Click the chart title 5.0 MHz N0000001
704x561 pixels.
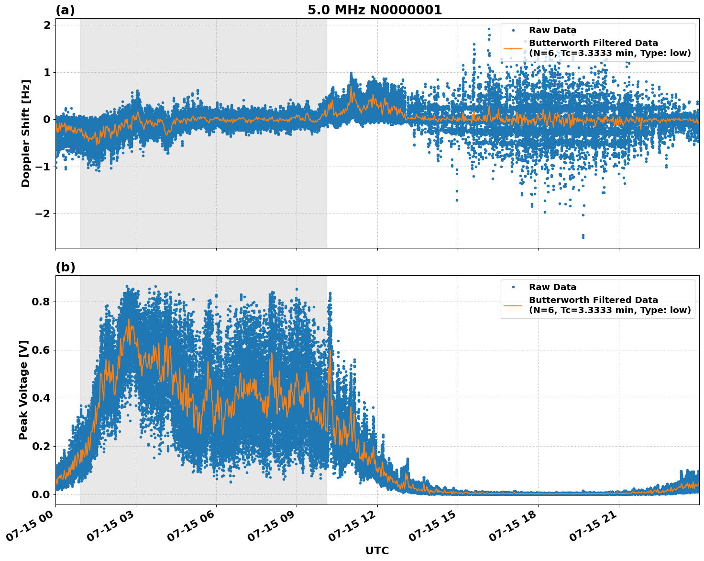pyautogui.click(x=374, y=10)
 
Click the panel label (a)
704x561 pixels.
pyautogui.click(x=65, y=10)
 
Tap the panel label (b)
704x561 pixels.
pyautogui.click(x=65, y=267)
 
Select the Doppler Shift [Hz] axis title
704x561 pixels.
pyautogui.click(x=26, y=133)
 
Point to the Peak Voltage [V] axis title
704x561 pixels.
pyautogui.click(x=23, y=390)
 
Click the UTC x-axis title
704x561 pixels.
pyautogui.click(x=377, y=550)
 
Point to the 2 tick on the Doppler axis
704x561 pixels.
pyautogui.click(x=47, y=25)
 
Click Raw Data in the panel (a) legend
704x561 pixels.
pyautogui.click(x=552, y=30)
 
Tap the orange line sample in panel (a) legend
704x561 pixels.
pyautogui.click(x=513, y=48)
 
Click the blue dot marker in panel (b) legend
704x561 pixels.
pyautogui.click(x=513, y=287)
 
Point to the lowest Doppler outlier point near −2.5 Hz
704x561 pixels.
pyautogui.click(x=583, y=236)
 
